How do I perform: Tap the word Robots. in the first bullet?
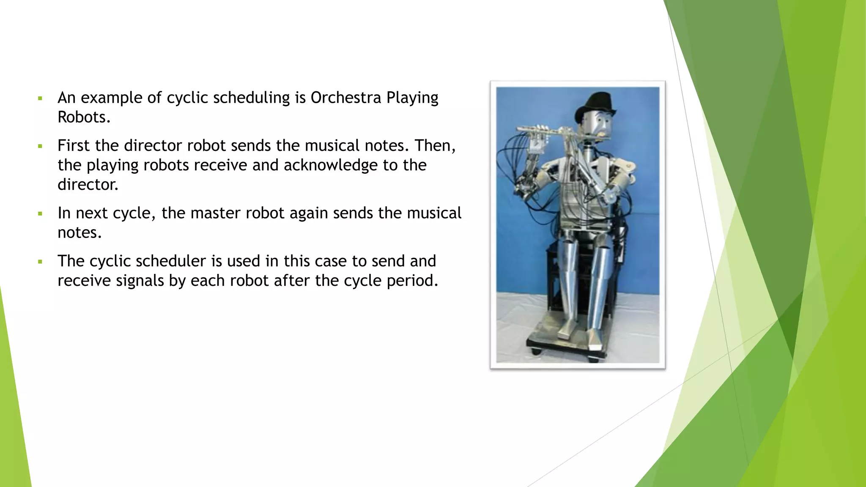pyautogui.click(x=84, y=117)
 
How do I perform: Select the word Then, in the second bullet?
pyautogui.click(x=435, y=146)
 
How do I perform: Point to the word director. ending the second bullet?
pyautogui.click(x=88, y=185)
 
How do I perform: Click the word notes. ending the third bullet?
pyautogui.click(x=79, y=233)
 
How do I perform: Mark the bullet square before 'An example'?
pyautogui.click(x=40, y=98)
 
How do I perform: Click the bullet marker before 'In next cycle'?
pyautogui.click(x=40, y=214)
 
